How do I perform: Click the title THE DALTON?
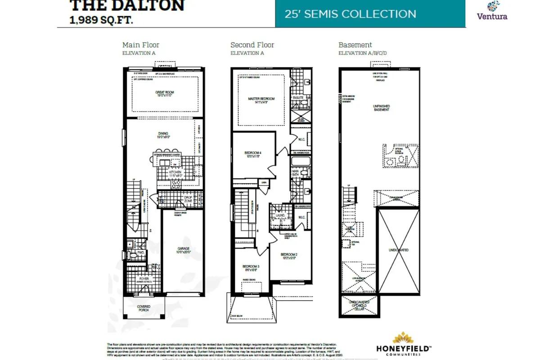[127, 6]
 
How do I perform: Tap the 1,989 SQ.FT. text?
[101, 20]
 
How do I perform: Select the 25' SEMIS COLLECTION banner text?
[350, 13]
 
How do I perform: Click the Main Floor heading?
[141, 45]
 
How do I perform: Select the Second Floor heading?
[252, 45]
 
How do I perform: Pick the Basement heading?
[355, 45]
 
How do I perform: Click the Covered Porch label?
[144, 309]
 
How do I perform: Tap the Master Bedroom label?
[261, 100]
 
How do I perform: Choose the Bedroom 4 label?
[253, 153]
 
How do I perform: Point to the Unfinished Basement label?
[381, 108]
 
